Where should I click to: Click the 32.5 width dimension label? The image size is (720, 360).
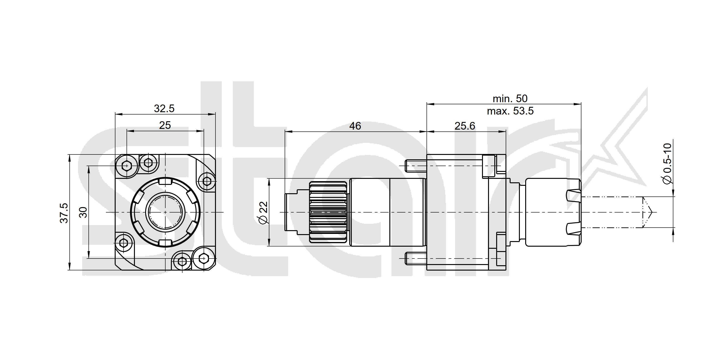tap(164, 108)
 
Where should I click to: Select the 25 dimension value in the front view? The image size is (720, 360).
tap(165, 125)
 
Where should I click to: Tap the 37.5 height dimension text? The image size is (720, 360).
tap(64, 213)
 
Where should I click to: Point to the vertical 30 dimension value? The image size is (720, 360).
tap(83, 213)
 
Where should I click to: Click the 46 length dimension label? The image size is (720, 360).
tap(355, 126)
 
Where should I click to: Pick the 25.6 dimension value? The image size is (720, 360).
tap(465, 126)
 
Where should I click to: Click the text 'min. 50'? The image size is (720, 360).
tap(510, 98)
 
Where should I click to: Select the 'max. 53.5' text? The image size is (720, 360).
tap(510, 111)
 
